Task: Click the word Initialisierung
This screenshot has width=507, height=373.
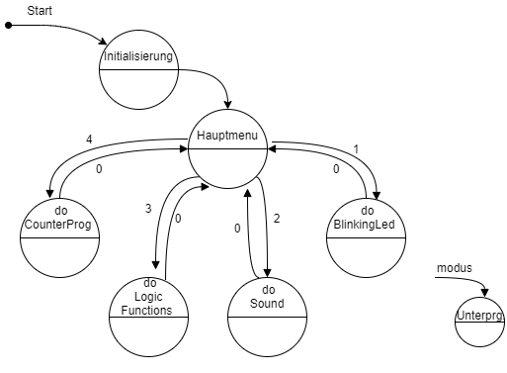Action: [x=138, y=56]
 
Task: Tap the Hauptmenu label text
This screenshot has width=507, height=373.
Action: [x=227, y=135]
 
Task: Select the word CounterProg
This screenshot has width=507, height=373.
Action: [x=59, y=225]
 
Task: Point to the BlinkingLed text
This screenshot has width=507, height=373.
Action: [x=366, y=225]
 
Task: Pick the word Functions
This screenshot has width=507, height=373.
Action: [x=146, y=310]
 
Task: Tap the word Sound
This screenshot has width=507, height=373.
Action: [x=267, y=304]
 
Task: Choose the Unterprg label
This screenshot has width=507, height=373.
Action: [x=480, y=317]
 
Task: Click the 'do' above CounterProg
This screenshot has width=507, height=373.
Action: [x=60, y=212]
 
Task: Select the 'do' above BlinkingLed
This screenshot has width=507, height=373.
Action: [x=367, y=211]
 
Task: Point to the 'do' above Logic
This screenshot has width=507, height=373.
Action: [x=150, y=283]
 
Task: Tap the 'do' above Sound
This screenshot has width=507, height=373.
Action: [x=267, y=290]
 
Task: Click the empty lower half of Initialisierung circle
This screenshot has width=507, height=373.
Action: [x=138, y=89]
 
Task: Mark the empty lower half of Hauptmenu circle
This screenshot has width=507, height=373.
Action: [x=227, y=168]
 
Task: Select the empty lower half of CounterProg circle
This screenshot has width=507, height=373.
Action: [x=59, y=257]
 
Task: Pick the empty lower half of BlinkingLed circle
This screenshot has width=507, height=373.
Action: [x=366, y=257]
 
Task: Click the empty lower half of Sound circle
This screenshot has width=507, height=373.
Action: [x=267, y=336]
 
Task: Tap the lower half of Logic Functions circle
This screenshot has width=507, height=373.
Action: [x=148, y=336]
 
